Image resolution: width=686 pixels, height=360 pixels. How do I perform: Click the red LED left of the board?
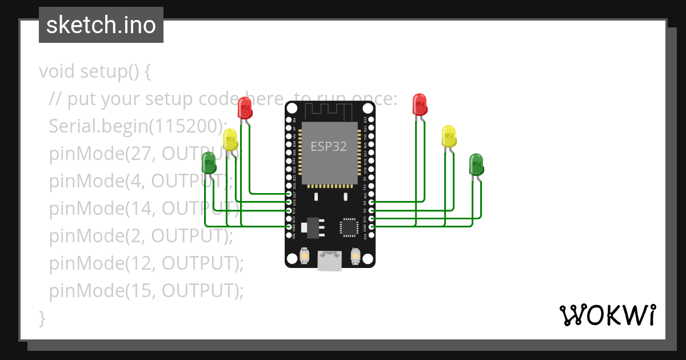245,107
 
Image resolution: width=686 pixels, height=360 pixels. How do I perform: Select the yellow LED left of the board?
230,139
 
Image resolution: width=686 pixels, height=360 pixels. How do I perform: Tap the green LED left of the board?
209,163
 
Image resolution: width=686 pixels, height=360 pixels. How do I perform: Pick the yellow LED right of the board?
449,136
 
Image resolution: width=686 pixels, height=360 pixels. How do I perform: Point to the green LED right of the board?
476,164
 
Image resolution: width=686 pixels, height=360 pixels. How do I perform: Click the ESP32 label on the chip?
329,146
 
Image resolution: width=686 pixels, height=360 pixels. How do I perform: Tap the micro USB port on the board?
330,261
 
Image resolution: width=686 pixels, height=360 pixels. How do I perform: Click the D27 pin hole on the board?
289,195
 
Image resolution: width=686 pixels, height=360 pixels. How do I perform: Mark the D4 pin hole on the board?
372,202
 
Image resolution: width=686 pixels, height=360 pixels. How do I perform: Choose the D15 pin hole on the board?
372,218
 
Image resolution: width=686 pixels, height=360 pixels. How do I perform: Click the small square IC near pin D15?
349,227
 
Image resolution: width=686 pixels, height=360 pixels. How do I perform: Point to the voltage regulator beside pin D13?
312,226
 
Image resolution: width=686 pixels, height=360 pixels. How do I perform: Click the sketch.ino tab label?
101,25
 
